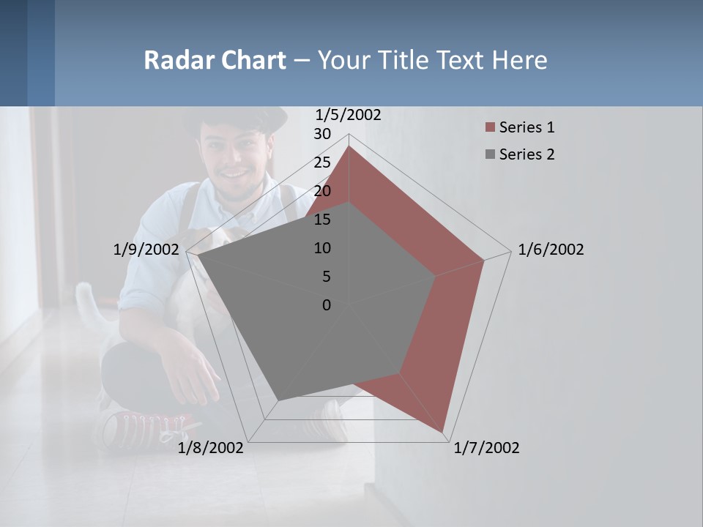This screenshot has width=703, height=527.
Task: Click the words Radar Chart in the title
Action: [215, 60]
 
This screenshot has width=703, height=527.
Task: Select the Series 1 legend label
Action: [527, 127]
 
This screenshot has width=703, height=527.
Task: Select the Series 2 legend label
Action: [527, 154]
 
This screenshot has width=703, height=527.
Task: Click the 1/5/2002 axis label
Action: [348, 115]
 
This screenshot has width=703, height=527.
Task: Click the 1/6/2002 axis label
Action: [551, 250]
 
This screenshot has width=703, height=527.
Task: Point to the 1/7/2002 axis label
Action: [486, 448]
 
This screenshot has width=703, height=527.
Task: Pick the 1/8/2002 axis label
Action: [211, 448]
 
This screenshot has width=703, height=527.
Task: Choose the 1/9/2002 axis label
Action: [146, 250]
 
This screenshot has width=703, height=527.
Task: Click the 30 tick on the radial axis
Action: [322, 134]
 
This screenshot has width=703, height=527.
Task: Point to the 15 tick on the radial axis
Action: [322, 220]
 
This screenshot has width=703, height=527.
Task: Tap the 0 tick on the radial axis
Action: [327, 305]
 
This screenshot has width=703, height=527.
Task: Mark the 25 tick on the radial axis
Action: [322, 162]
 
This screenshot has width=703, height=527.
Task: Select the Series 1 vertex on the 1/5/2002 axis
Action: [349, 146]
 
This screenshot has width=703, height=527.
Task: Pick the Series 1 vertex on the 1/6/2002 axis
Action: [484, 259]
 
